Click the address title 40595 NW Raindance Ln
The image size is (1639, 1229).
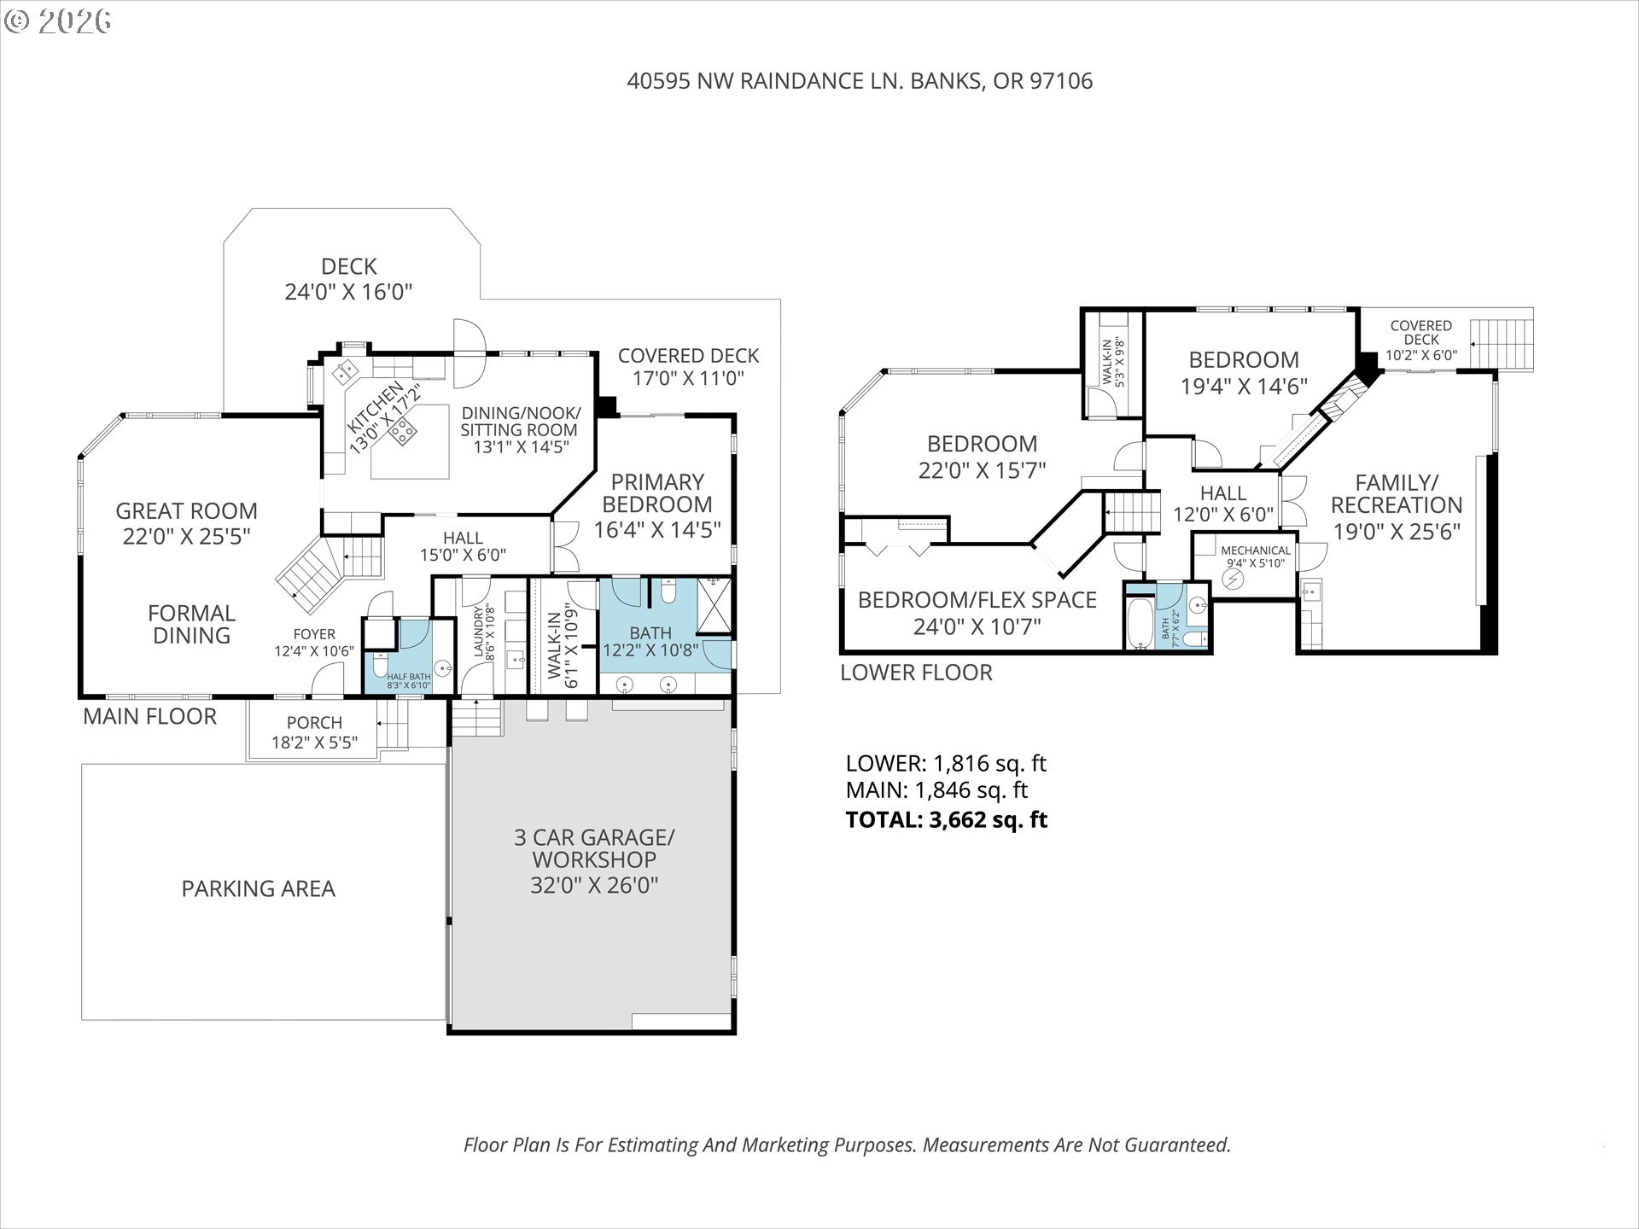click(860, 81)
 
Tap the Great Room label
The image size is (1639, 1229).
click(186, 511)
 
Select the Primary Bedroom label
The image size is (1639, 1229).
click(657, 492)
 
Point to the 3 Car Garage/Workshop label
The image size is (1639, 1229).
click(594, 848)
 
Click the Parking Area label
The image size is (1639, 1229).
click(258, 888)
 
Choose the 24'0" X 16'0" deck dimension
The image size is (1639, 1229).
click(348, 292)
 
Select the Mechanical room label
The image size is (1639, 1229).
click(1255, 550)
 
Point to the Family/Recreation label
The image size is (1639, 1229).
click(1397, 493)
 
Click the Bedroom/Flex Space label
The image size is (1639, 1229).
click(977, 600)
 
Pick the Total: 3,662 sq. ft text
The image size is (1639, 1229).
click(946, 820)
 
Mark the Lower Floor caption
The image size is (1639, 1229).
click(916, 673)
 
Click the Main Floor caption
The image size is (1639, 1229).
click(149, 716)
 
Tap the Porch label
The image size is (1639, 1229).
click(314, 723)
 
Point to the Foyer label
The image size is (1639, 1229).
click(314, 634)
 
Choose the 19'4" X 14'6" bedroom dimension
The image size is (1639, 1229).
click(1244, 387)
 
